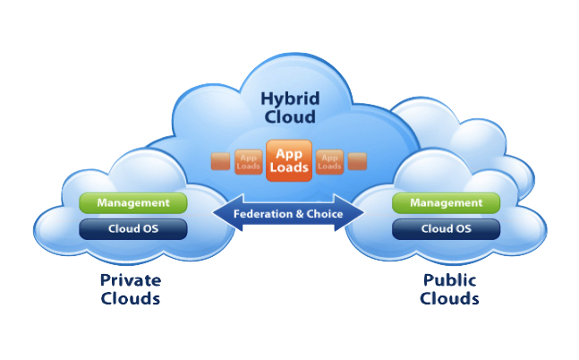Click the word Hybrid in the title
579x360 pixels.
pyautogui.click(x=289, y=98)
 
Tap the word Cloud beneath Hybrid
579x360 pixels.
pyautogui.click(x=289, y=116)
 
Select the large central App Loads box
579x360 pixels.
pyautogui.click(x=289, y=159)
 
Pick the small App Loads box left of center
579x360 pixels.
pyautogui.click(x=248, y=161)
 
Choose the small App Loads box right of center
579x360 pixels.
pyautogui.click(x=330, y=161)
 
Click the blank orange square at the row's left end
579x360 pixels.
pyautogui.click(x=220, y=162)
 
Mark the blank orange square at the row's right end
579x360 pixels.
pyautogui.click(x=358, y=162)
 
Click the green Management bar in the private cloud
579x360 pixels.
pyautogui.click(x=133, y=202)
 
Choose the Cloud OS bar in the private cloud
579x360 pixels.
pyautogui.click(x=133, y=228)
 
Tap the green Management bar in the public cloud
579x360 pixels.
pyautogui.click(x=446, y=202)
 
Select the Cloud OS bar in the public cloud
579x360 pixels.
pyautogui.click(x=446, y=228)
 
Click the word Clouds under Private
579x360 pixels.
pyautogui.click(x=131, y=299)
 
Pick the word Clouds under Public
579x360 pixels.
pyautogui.click(x=449, y=299)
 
